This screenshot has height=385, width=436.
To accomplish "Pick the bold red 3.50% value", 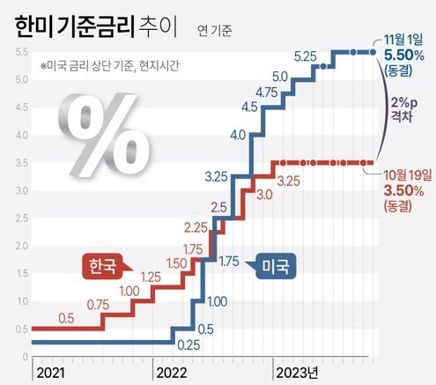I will [403, 189].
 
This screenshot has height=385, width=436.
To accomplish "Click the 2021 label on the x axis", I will [51, 373].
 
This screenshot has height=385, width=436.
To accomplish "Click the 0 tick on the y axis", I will [24, 357].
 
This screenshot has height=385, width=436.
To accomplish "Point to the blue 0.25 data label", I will [187, 344].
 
